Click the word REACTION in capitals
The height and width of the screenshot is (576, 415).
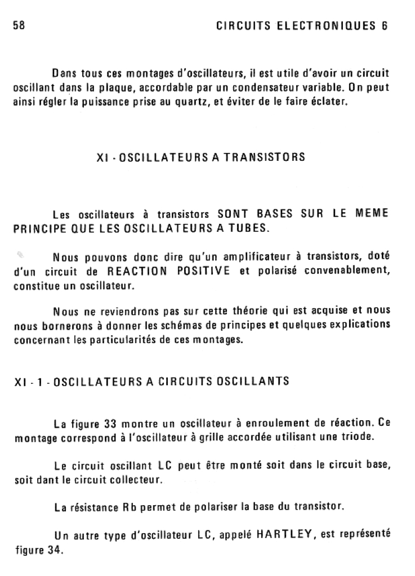(x=137, y=272)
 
